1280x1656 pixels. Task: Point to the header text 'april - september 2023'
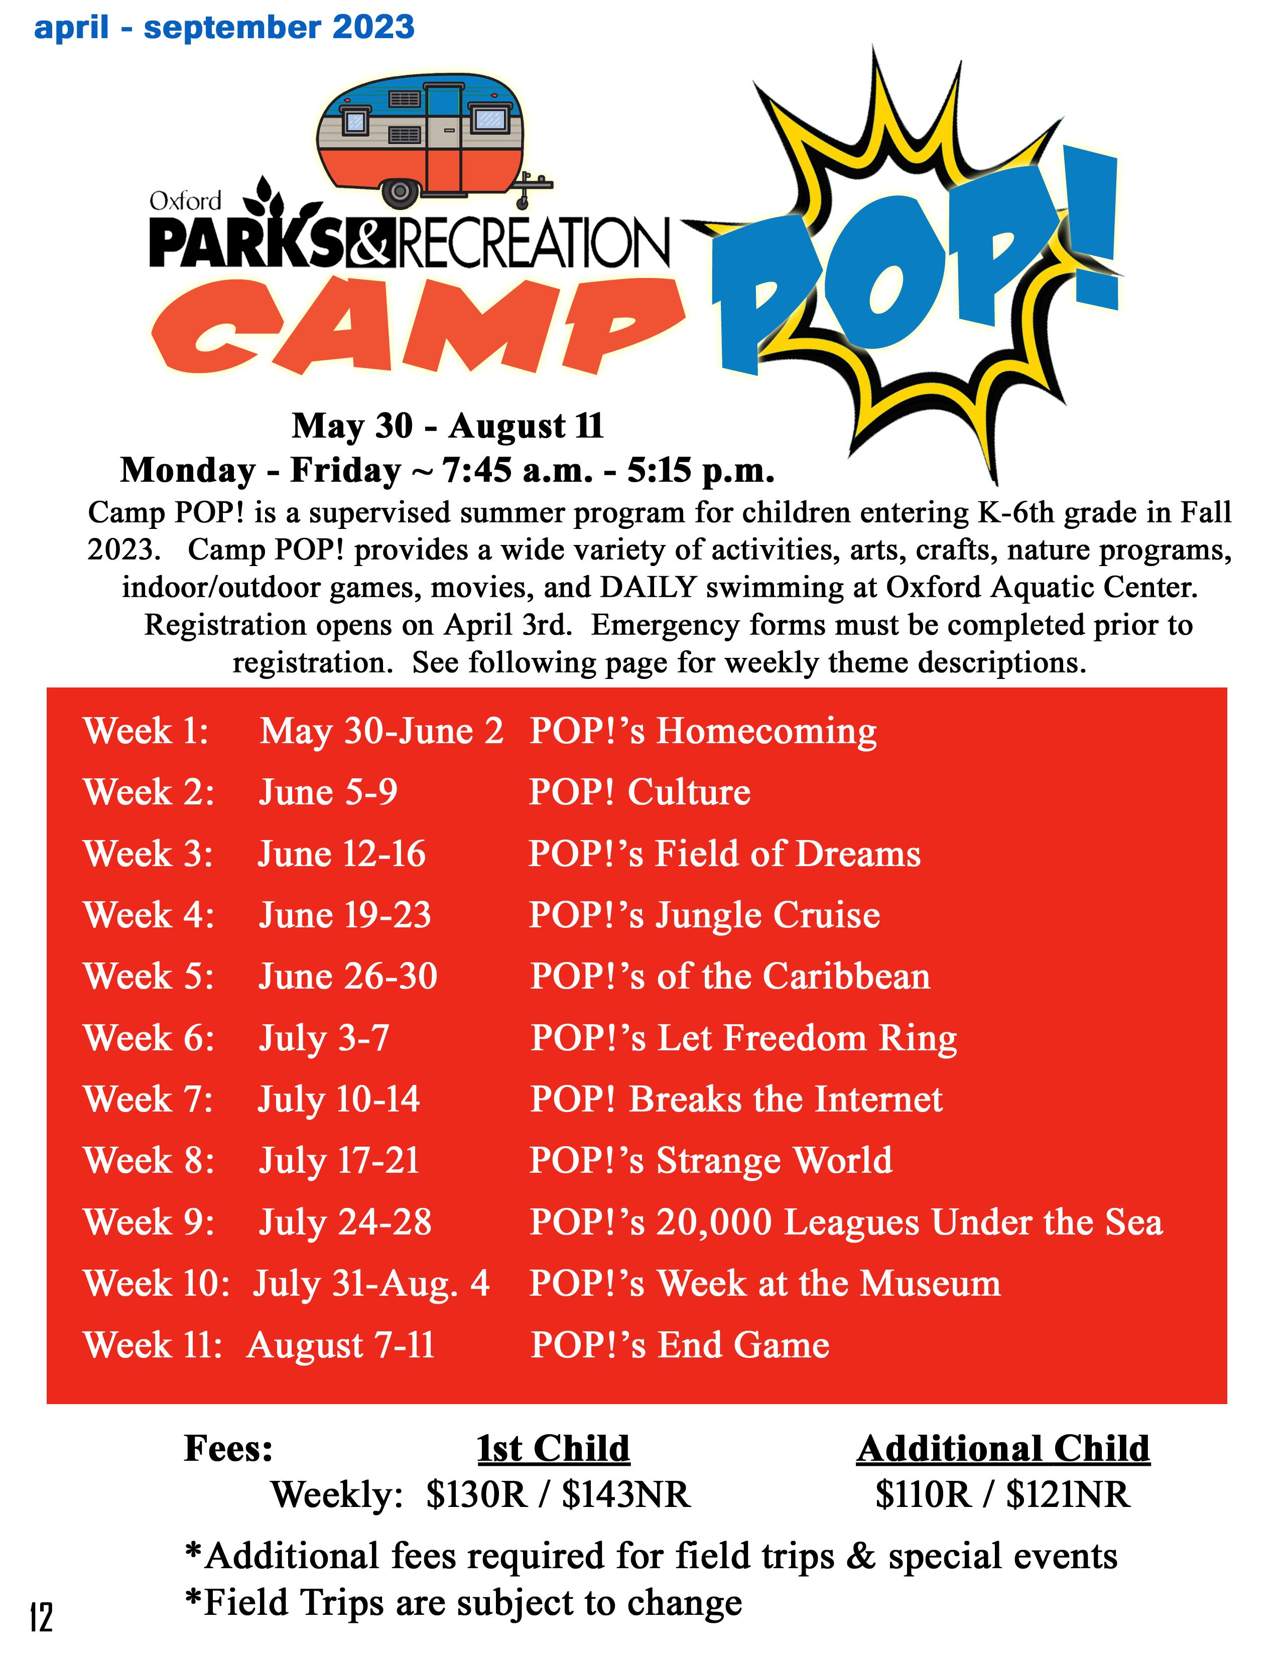click(x=224, y=28)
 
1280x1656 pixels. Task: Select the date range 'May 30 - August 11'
click(x=447, y=426)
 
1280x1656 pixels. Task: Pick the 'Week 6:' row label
click(x=149, y=1038)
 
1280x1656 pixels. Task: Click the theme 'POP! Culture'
click(x=639, y=792)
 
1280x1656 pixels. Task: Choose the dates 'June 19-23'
click(x=345, y=915)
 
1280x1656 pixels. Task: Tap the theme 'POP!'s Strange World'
click(x=710, y=1161)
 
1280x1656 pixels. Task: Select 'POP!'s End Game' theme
click(x=680, y=1345)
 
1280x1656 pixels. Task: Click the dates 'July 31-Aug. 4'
click(x=371, y=1284)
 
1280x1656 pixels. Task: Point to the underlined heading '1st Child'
click(x=553, y=1449)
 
